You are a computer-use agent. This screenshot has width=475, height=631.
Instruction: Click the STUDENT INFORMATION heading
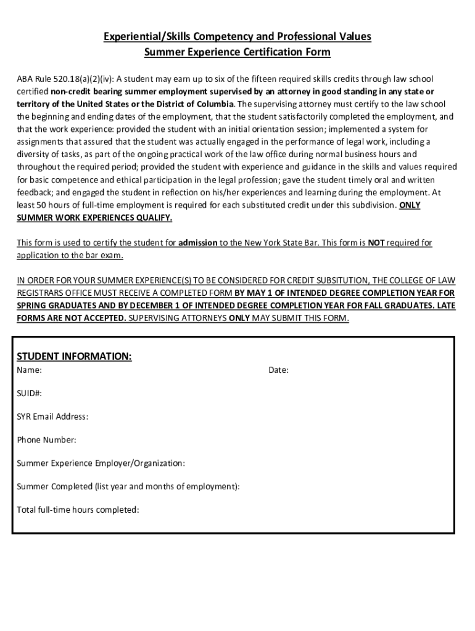(x=74, y=357)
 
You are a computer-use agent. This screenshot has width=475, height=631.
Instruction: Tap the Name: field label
(x=29, y=370)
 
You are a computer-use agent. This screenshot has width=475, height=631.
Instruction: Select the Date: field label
(x=278, y=370)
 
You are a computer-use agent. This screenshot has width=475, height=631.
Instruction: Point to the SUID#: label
(x=30, y=393)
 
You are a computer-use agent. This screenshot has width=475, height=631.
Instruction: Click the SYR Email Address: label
(x=52, y=417)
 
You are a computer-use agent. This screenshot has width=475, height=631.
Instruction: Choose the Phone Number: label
(x=47, y=440)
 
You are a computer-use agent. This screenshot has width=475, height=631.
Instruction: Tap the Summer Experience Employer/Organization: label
(x=101, y=463)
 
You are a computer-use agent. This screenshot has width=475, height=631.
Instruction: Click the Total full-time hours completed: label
(x=78, y=510)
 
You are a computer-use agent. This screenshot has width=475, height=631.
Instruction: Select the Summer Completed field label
(x=128, y=487)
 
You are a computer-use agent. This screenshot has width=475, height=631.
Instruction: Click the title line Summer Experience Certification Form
(x=238, y=52)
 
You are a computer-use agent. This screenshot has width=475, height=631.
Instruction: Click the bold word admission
(x=197, y=243)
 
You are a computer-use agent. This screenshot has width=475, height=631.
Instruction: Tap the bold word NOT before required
(x=376, y=243)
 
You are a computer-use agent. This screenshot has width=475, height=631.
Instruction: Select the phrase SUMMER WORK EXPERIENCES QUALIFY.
(x=94, y=218)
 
